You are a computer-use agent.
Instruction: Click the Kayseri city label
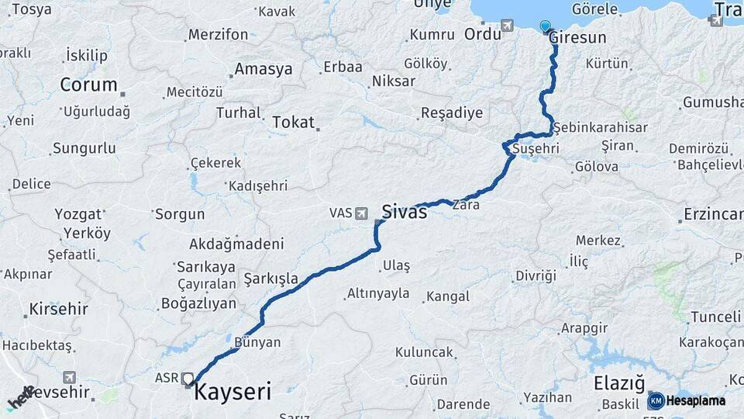point(232,392)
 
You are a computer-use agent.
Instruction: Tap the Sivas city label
point(403,211)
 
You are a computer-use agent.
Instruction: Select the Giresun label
point(577,36)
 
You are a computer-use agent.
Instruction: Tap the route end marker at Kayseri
point(187,379)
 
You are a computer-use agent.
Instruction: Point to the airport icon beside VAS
point(362,213)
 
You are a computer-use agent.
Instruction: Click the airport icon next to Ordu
point(507,26)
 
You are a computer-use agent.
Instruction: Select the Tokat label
point(293,122)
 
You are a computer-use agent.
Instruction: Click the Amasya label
point(263,69)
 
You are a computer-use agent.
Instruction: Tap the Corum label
point(88,85)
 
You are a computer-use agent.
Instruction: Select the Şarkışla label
point(270,278)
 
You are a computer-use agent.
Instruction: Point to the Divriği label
point(536,276)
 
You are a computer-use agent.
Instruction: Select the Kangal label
point(447,296)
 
